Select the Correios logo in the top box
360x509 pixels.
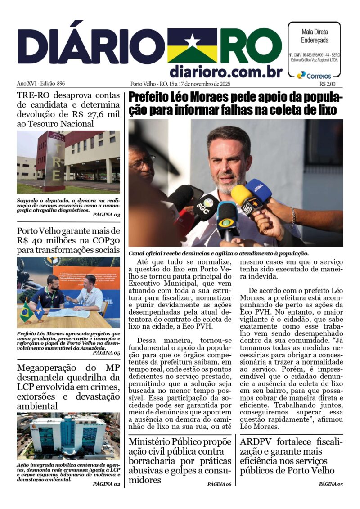[315, 76]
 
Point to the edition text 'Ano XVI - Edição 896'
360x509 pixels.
[41, 84]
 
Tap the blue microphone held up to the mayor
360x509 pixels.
[259, 189]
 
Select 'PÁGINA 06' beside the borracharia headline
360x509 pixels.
[219, 484]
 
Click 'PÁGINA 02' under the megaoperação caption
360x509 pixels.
[106, 484]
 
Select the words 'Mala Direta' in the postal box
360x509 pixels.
[314, 32]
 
